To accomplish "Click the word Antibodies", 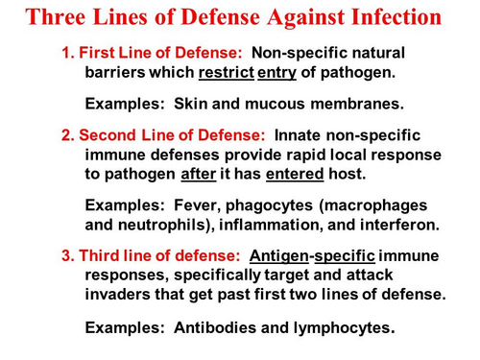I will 217,327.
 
